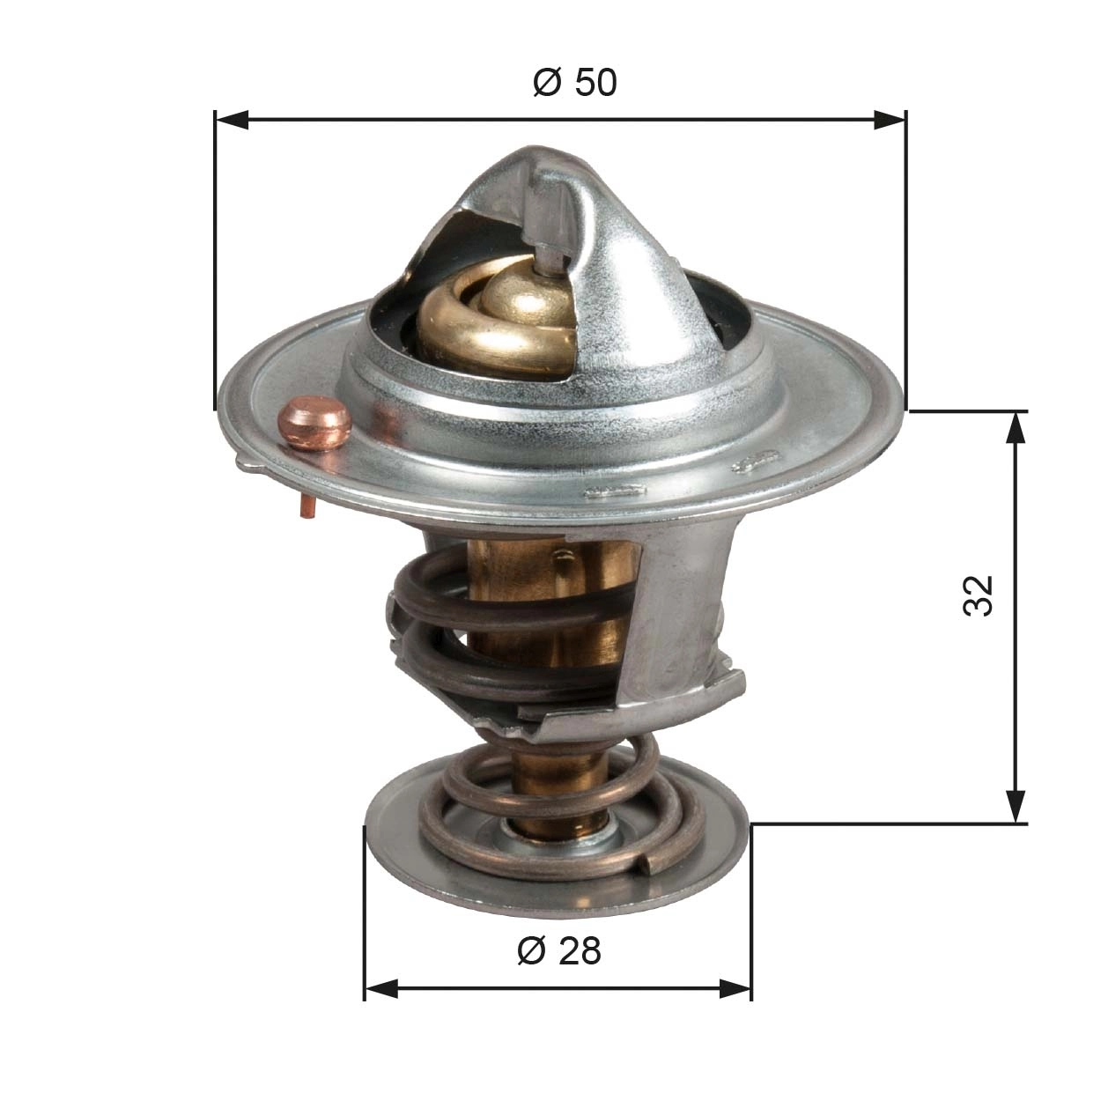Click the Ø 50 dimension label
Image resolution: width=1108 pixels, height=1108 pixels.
click(574, 83)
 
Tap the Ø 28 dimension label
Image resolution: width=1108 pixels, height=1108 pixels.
click(559, 950)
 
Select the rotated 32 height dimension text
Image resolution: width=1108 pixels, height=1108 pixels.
click(978, 595)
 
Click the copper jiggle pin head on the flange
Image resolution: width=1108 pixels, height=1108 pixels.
click(314, 422)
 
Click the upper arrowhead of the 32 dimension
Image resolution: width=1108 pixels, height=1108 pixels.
click(1016, 428)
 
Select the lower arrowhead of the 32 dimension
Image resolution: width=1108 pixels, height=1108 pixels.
click(1016, 807)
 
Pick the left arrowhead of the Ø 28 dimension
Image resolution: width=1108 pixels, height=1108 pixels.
click(380, 988)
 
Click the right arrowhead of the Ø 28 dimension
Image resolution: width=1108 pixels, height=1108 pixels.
click(735, 988)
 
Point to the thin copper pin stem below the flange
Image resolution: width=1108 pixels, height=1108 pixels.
click(307, 506)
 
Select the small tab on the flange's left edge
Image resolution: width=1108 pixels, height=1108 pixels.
click(249, 461)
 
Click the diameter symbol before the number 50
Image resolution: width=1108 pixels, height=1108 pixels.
click(547, 83)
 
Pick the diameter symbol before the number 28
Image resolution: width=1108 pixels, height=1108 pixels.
click(531, 950)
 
